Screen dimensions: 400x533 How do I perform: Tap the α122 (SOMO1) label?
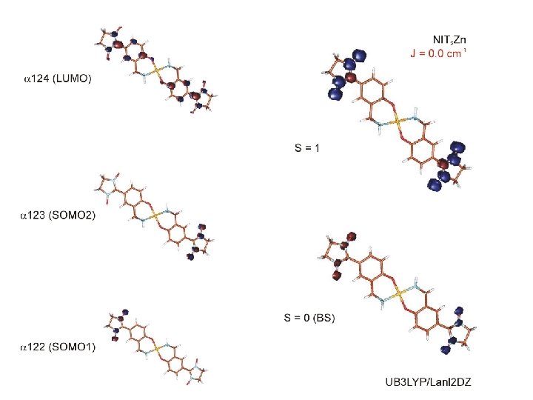[58, 347]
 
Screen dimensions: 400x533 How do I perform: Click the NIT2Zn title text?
[451, 39]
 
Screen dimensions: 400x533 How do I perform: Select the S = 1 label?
[308, 148]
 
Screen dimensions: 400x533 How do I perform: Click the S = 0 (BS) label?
[309, 319]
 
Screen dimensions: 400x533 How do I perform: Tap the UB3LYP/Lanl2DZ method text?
[428, 382]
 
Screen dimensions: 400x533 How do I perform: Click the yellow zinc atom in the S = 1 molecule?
[398, 119]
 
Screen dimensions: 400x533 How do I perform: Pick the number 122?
[34, 347]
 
